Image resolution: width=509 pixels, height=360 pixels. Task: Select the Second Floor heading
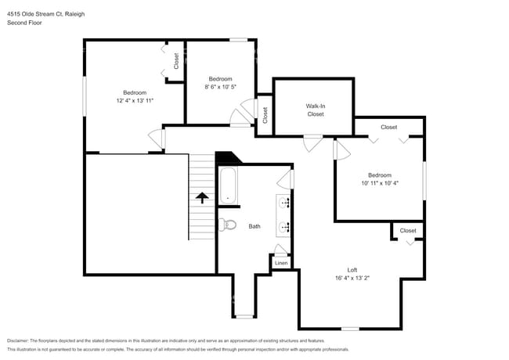pos(24,23)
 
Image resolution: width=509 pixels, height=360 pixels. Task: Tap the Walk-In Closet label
pos(315,110)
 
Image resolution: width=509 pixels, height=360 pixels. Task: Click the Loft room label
pos(352,269)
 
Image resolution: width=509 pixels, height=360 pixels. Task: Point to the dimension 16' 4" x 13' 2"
pos(352,278)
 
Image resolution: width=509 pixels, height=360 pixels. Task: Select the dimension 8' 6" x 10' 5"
pos(220,87)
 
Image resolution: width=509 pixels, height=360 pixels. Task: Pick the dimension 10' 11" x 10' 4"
pos(380,183)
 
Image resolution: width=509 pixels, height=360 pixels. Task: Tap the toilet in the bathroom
pos(228,225)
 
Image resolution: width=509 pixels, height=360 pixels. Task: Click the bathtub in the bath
pos(229,187)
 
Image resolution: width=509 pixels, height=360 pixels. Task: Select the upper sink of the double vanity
pos(285,203)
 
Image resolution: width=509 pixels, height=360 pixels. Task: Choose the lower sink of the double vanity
pos(285,227)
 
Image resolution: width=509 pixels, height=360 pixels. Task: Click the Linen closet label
pos(281,263)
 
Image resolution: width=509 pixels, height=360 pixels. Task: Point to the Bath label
pos(254,226)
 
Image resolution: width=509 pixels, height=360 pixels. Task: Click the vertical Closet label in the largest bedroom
pos(176,60)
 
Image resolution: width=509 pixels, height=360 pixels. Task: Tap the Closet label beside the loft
pos(408,230)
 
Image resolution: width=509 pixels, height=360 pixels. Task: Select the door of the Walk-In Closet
pos(313,139)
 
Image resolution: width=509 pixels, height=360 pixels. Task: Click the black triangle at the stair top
pos(228,157)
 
